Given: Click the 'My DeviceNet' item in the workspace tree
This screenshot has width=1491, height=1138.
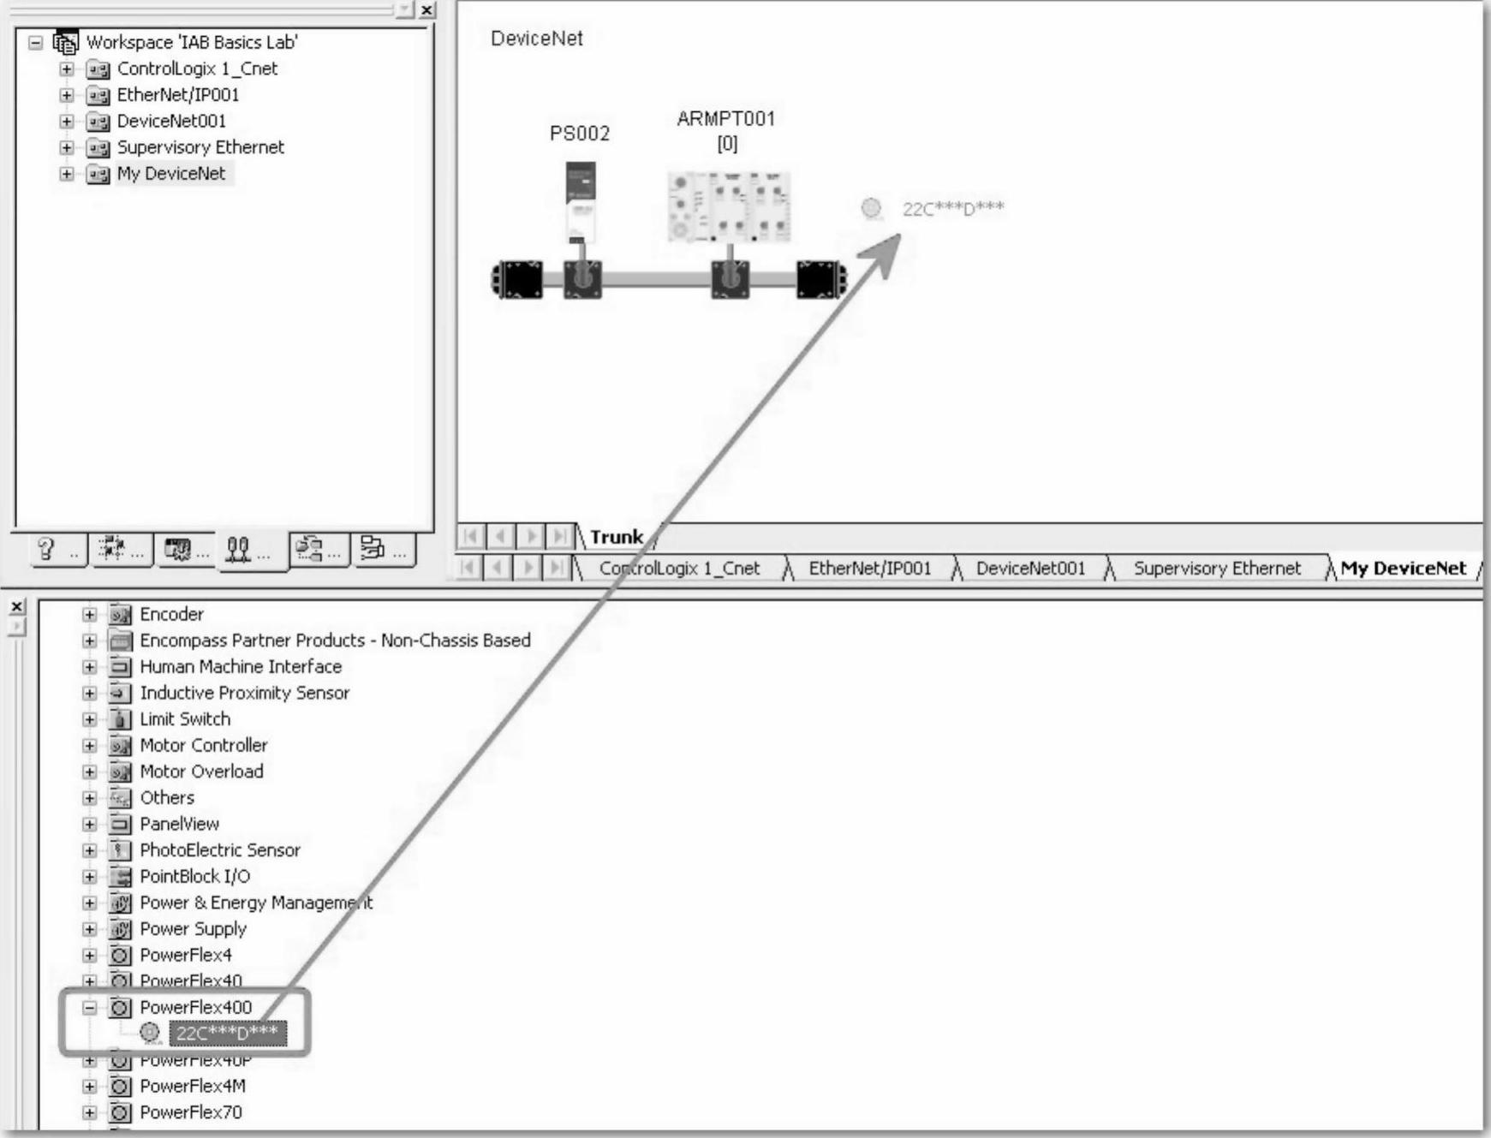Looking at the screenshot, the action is [171, 174].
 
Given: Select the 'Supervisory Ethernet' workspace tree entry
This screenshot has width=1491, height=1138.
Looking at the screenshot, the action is [200, 147].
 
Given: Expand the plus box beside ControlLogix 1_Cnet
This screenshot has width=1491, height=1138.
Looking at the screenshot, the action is [67, 69].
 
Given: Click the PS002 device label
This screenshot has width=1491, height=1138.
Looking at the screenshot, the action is [580, 134].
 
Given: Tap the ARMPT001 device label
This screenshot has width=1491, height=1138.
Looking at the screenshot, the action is [725, 119].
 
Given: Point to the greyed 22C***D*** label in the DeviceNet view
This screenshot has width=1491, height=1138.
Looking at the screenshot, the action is [952, 208].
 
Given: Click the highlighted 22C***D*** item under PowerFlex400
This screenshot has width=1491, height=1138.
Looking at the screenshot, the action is [227, 1034].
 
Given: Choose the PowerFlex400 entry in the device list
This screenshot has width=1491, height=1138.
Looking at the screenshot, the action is [195, 1007].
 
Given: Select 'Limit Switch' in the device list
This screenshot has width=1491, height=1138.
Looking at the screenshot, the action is [185, 719].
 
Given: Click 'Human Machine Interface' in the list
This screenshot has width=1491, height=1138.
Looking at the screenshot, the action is [241, 667].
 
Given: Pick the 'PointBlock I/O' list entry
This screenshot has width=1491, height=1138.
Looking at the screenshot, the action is [195, 876].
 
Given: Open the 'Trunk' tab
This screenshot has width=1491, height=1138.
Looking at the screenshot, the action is [616, 537].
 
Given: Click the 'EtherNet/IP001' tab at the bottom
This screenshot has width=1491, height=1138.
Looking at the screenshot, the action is [869, 569].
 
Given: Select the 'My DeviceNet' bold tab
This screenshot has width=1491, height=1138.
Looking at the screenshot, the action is [1403, 569].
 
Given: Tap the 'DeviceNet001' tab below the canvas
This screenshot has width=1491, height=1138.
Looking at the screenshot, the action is [1030, 569].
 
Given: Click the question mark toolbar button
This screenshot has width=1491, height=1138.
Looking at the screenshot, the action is [48, 549].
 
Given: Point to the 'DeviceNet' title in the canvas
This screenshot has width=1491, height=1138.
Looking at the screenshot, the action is [537, 39].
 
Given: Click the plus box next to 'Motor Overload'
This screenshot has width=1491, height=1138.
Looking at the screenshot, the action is [89, 772].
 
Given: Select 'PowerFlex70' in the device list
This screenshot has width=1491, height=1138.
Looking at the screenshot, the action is [191, 1112].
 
